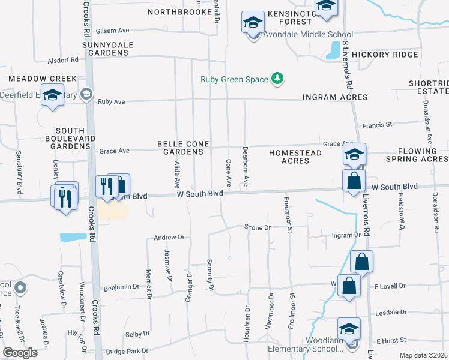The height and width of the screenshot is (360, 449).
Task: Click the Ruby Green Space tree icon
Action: pyautogui.click(x=277, y=78)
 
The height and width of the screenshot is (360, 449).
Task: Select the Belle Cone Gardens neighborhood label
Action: pyautogui.click(x=181, y=148)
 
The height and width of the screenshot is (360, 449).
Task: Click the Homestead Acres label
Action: pyautogui.click(x=295, y=157)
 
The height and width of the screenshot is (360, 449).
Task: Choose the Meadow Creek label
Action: pyautogui.click(x=43, y=79)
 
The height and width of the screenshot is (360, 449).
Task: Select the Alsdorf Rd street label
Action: pyautogui.click(x=65, y=60)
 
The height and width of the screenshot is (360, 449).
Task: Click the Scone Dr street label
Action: pyautogui.click(x=258, y=227)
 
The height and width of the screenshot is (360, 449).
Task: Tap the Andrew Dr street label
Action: pyautogui.click(x=168, y=238)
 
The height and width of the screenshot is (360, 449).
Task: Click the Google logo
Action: pyautogui.click(x=20, y=353)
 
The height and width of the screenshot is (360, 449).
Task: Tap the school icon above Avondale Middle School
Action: pyautogui.click(x=253, y=23)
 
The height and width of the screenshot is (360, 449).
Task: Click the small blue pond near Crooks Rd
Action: pyautogui.click(x=73, y=237)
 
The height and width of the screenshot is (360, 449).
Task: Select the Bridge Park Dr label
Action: pyautogui.click(x=127, y=351)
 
